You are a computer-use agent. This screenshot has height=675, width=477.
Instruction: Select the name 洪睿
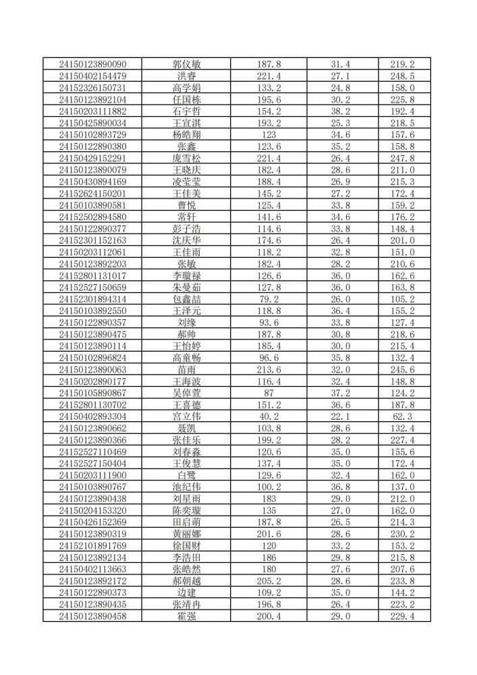pos(187,76)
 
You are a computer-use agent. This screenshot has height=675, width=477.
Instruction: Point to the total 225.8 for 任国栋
pos(402,99)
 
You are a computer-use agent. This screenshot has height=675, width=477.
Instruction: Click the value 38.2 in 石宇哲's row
pos(340,111)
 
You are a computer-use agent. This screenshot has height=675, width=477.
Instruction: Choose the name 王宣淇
pos(187,123)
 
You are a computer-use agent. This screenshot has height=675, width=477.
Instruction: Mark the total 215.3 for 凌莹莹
pos(402,182)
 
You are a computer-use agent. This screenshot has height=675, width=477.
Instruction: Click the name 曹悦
pos(187,205)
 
